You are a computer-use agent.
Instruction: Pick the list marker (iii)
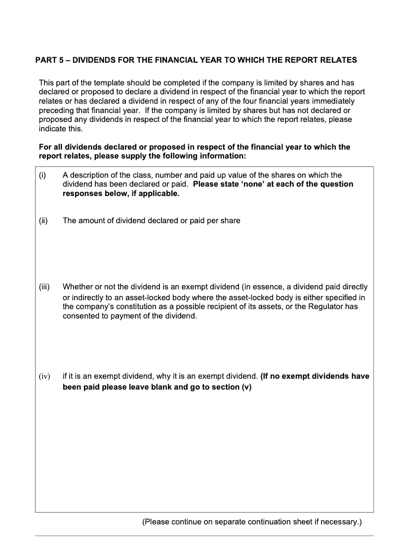point(44,287)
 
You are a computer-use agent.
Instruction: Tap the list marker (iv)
point(44,377)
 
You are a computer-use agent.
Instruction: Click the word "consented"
point(80,316)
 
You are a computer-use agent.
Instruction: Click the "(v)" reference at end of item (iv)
point(246,387)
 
